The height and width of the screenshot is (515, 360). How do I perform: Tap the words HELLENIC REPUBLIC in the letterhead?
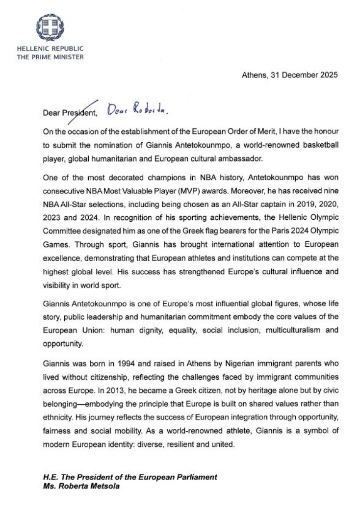point(51,49)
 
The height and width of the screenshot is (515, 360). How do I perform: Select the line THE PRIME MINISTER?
point(51,56)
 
